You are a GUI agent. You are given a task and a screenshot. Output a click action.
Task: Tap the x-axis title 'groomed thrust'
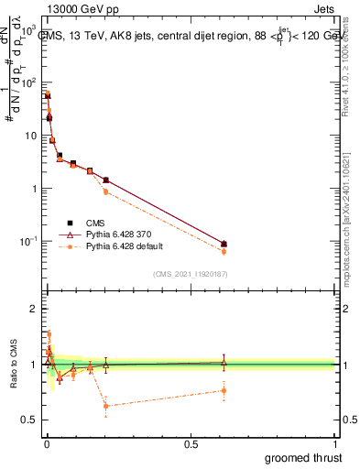(303, 456)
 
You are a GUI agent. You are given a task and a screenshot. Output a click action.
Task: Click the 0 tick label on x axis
(46, 443)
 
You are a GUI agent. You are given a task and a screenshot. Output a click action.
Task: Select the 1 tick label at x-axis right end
(334, 443)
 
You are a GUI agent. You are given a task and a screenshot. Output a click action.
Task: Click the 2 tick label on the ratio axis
(34, 309)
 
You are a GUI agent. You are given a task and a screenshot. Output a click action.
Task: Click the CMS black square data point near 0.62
(224, 244)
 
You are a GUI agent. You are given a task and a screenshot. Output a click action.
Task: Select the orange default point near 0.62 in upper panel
(224, 251)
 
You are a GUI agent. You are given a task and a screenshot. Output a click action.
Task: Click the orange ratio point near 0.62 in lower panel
(224, 390)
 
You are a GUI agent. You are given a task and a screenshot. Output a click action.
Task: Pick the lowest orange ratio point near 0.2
(106, 406)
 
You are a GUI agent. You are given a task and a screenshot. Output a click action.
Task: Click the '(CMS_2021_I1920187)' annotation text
(190, 274)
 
